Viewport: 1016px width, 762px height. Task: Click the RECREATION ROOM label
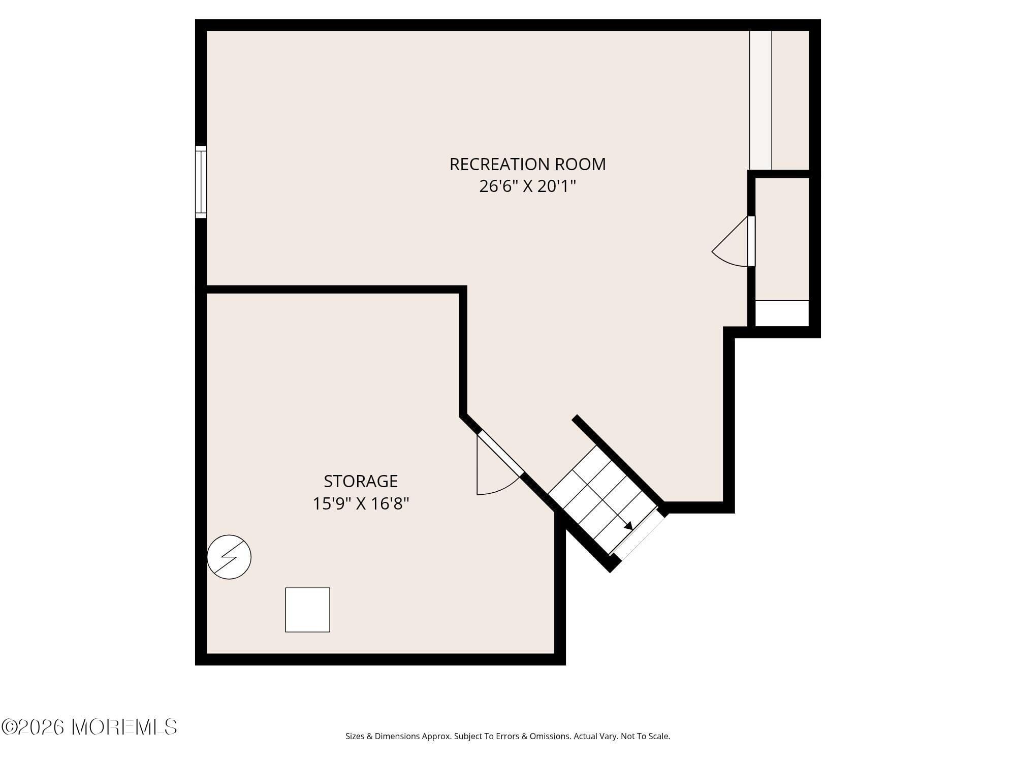tap(527, 164)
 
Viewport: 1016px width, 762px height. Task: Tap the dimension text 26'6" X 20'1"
tap(527, 186)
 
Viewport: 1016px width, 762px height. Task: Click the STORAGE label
tap(361, 481)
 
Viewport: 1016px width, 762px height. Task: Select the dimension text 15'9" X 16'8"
tap(361, 504)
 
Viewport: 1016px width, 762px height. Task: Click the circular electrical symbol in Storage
tap(229, 557)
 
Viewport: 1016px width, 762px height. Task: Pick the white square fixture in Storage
tap(307, 610)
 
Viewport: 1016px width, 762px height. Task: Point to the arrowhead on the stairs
tap(628, 526)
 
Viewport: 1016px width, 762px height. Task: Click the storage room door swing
tap(493, 472)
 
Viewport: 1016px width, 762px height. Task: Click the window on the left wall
tap(201, 182)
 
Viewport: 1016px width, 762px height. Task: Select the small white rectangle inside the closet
tap(782, 313)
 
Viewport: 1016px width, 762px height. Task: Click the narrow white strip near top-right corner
tap(760, 100)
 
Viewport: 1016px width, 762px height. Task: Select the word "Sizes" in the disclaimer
tap(355, 736)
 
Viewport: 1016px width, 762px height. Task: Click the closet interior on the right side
tap(782, 239)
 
